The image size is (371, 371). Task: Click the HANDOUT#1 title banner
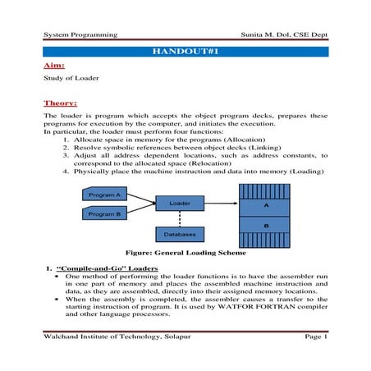point(185,51)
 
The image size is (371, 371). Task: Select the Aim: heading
point(53,65)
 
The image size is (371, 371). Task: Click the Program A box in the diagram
point(104,195)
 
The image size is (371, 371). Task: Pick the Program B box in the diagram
point(104,213)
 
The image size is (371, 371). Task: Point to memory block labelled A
point(265,205)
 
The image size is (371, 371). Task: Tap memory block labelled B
point(265,223)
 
